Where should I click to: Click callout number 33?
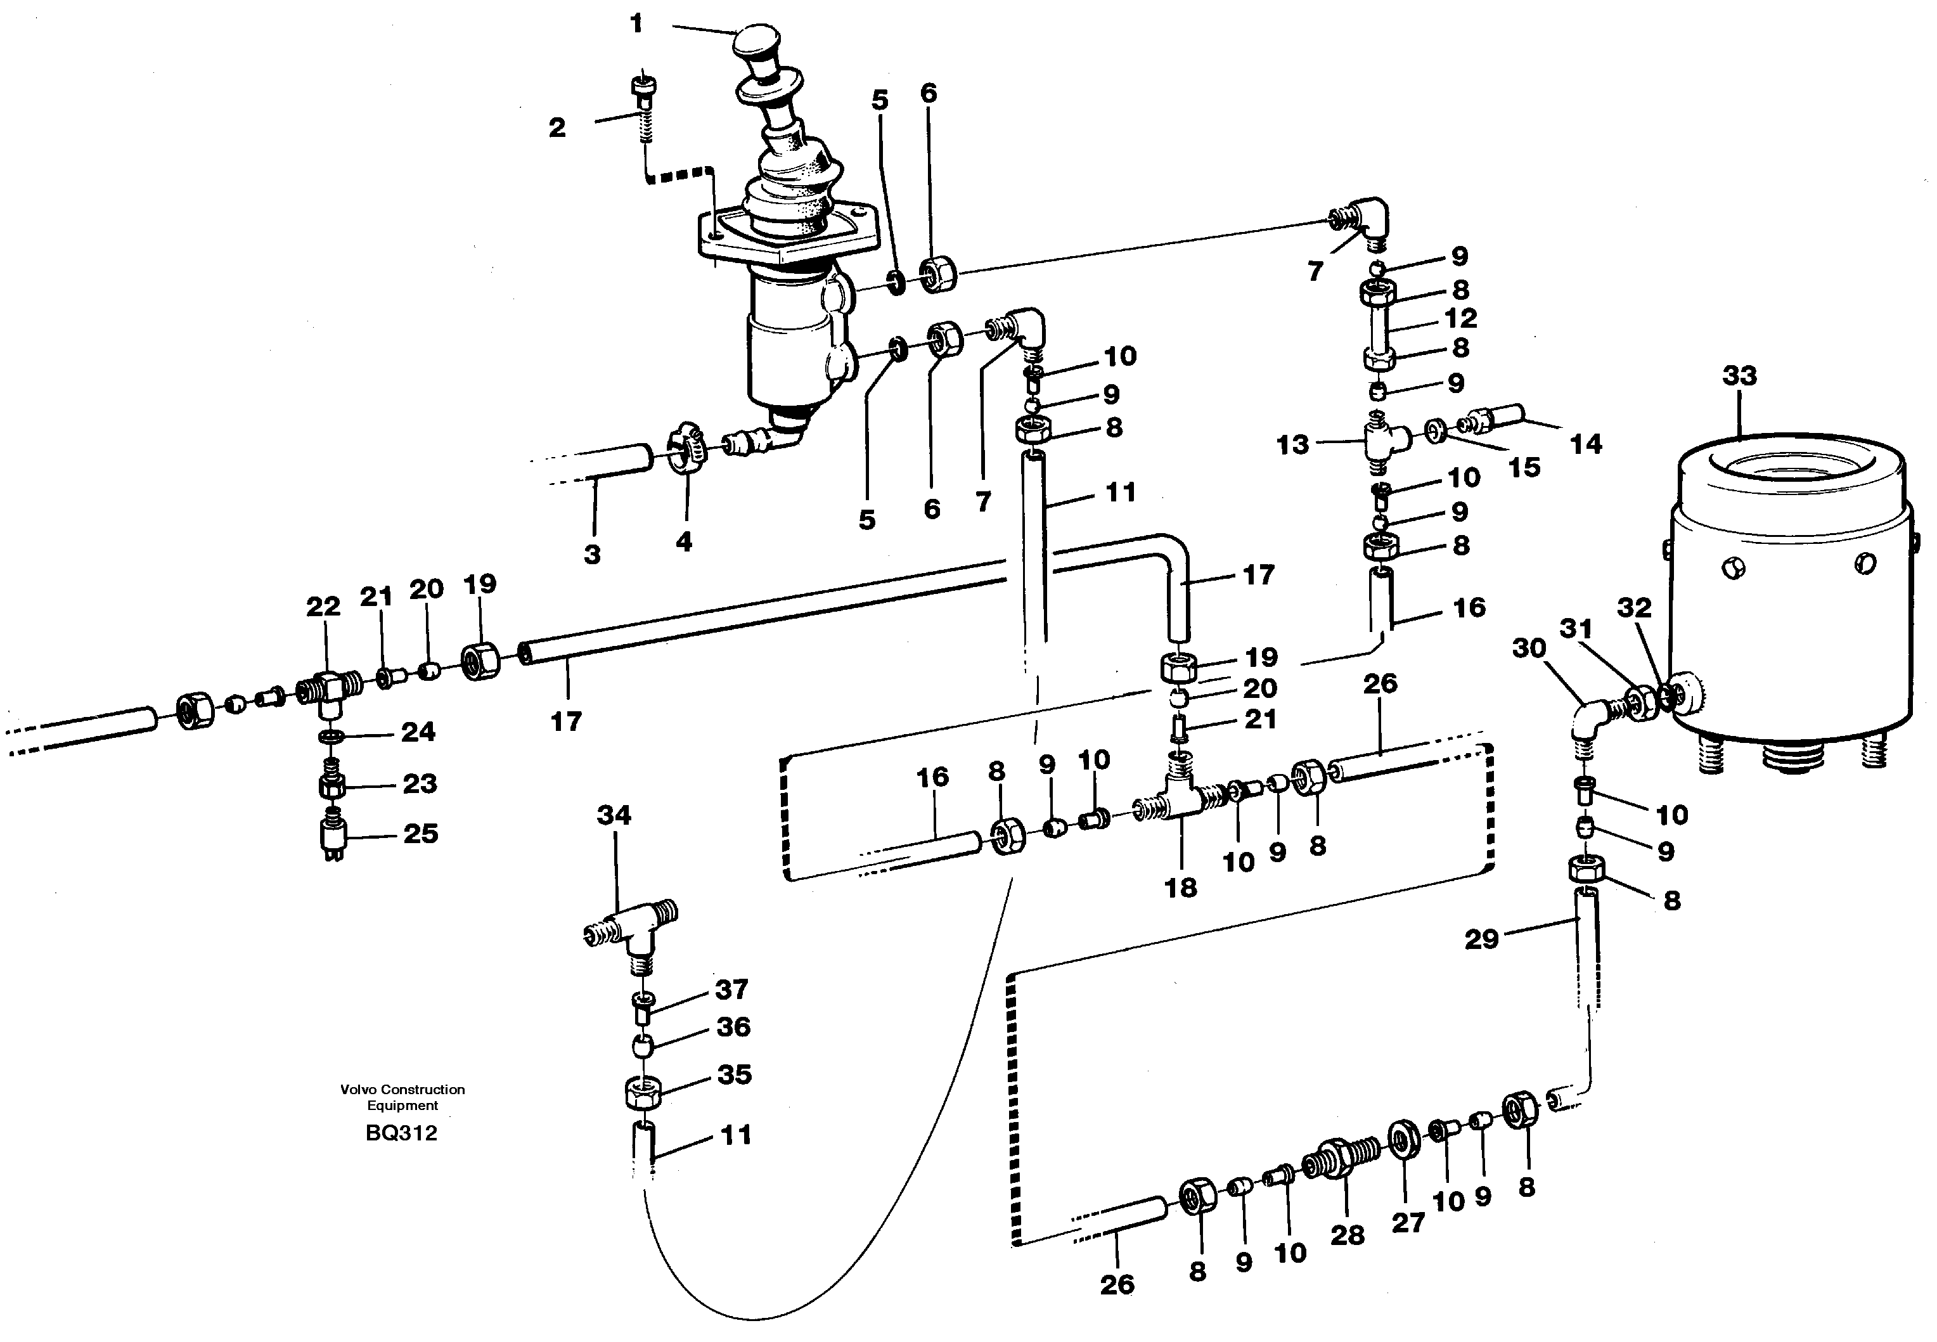click(x=1739, y=375)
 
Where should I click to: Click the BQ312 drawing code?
click(x=401, y=1133)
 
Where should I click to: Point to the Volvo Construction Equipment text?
click(x=402, y=1097)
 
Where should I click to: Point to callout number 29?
click(x=1481, y=939)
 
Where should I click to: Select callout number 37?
click(x=731, y=989)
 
